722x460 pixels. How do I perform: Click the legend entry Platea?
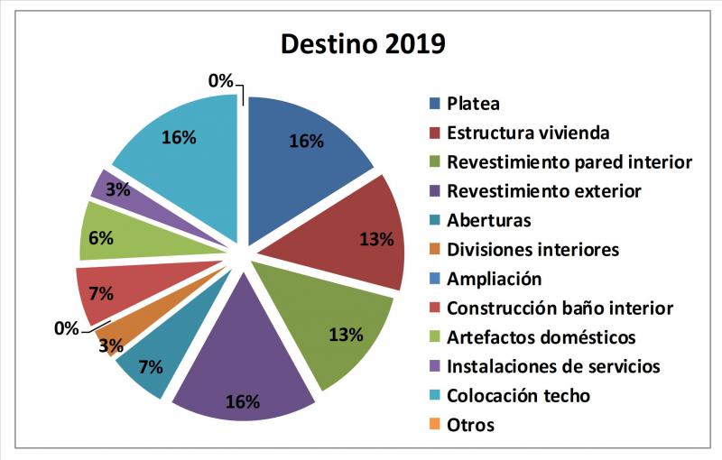[473, 104]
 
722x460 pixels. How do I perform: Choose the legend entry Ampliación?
[494, 279]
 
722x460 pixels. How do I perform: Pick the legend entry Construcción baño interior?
[560, 308]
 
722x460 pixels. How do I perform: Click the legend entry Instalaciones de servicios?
[553, 366]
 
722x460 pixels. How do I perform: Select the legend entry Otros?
[470, 425]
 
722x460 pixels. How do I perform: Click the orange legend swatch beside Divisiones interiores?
[434, 250]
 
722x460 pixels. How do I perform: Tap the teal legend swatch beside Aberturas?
[434, 220]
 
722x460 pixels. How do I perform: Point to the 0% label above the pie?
[220, 81]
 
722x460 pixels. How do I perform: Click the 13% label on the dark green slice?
[345, 335]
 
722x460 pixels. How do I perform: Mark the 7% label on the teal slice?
[150, 366]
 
